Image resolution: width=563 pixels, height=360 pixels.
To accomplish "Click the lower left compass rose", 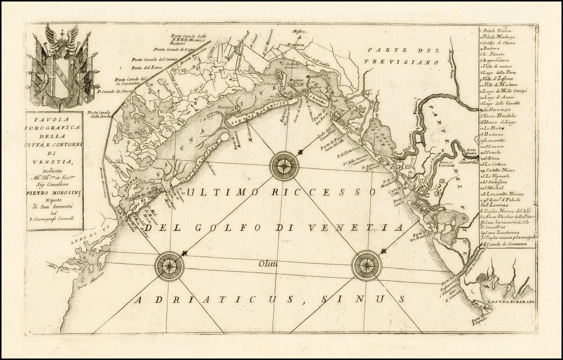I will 170,266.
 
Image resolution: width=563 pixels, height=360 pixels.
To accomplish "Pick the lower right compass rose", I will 366,266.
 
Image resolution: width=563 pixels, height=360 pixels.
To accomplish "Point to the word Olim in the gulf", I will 268,264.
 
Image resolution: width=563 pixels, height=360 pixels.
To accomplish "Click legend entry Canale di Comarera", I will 508,244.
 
